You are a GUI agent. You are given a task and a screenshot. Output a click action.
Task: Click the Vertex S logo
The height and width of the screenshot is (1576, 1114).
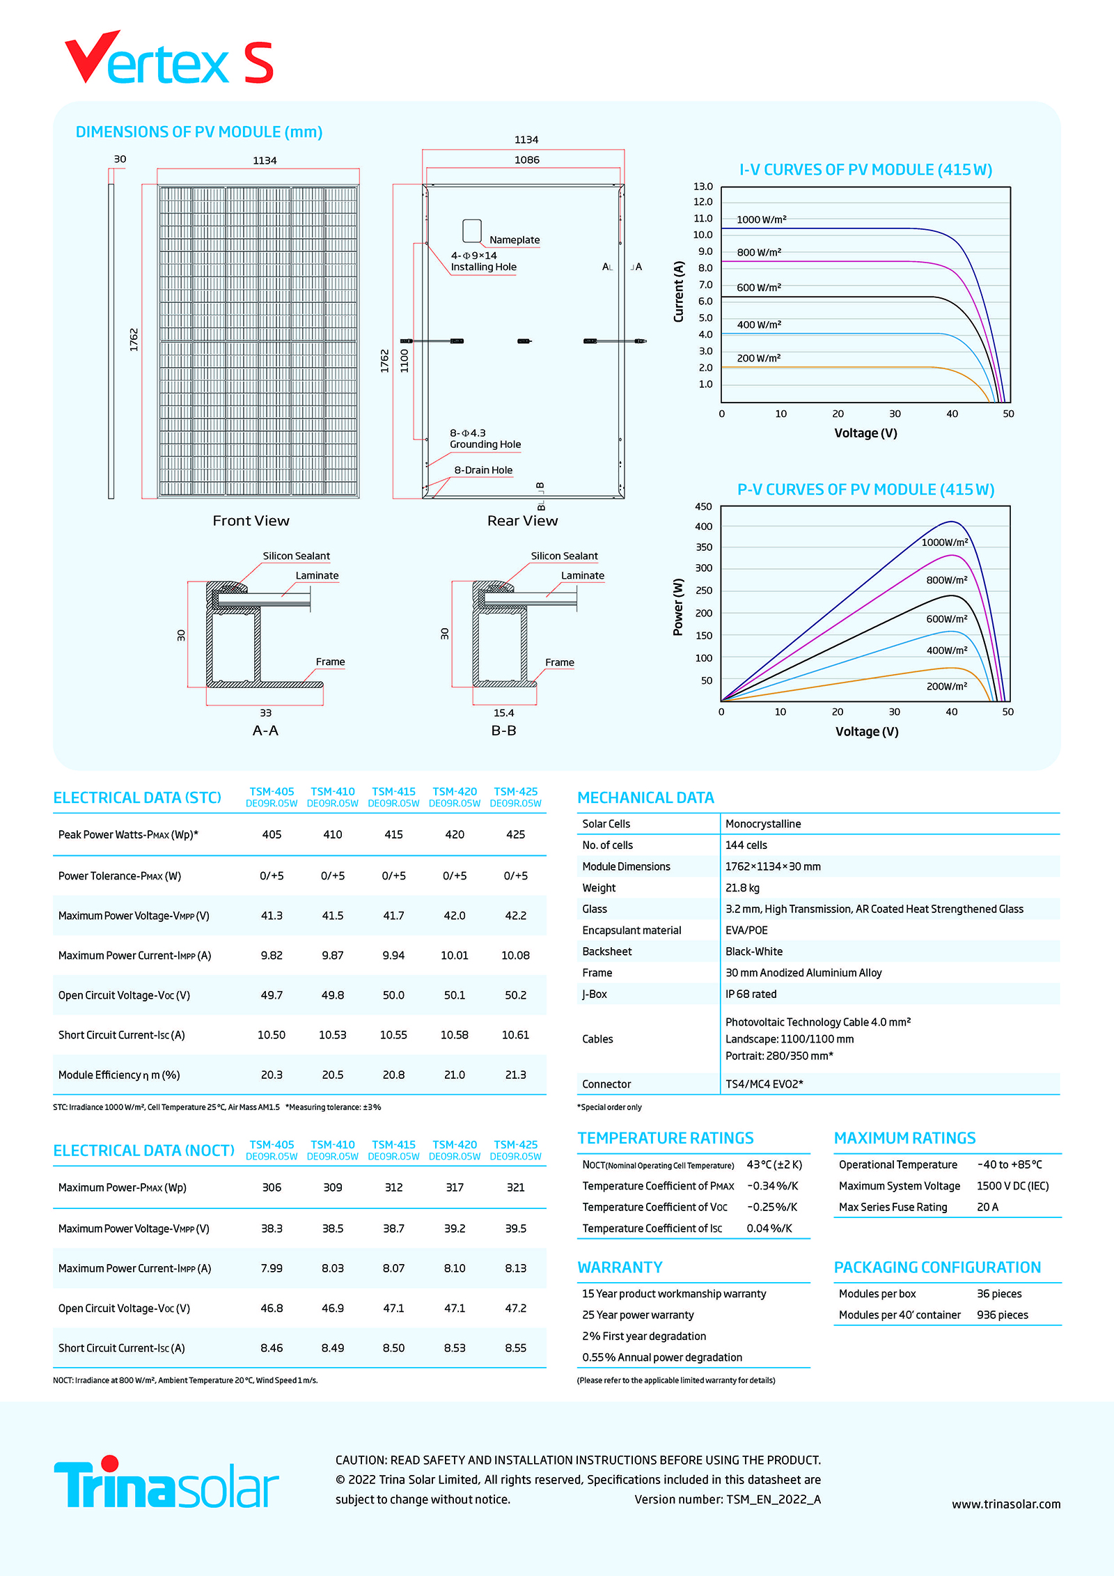click(x=169, y=60)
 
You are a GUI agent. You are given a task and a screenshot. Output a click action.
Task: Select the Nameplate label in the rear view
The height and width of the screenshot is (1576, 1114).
click(x=514, y=240)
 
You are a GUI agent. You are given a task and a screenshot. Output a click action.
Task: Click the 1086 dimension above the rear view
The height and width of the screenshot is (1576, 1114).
click(x=526, y=159)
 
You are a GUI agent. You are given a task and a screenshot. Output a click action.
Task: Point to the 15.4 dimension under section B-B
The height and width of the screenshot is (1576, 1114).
click(x=503, y=712)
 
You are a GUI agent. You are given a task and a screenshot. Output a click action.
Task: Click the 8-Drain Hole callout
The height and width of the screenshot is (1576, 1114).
click(x=483, y=470)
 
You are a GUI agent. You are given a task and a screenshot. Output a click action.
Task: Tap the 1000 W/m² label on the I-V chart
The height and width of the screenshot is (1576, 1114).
click(x=761, y=219)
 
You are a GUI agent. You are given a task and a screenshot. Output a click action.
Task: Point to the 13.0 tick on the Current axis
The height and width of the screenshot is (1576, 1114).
click(x=703, y=187)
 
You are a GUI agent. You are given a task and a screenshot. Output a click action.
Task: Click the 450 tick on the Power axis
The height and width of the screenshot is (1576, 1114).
click(x=703, y=506)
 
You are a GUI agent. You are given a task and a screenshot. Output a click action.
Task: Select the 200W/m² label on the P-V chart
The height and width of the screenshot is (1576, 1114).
click(x=946, y=686)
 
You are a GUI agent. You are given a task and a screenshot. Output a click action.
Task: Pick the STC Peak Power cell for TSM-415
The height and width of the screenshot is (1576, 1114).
click(x=393, y=834)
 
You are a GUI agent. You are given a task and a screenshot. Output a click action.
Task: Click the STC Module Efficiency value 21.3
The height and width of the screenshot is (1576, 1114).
click(x=515, y=1075)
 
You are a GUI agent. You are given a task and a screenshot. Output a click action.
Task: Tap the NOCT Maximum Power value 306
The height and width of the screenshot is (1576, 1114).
click(x=272, y=1187)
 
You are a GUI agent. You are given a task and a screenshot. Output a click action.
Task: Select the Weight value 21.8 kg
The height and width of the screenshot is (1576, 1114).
click(x=742, y=888)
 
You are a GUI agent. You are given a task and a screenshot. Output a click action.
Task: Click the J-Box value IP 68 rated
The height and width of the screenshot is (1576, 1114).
click(x=751, y=994)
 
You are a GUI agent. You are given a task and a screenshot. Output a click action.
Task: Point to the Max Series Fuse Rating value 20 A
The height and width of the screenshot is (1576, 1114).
click(x=987, y=1207)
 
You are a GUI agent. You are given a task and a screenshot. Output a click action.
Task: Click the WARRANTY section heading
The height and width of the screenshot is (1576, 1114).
click(x=620, y=1267)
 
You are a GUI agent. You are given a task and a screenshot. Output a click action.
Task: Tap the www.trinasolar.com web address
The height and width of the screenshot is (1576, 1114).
click(x=1006, y=1504)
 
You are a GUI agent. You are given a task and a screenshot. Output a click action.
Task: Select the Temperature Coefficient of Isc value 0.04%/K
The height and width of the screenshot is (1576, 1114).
click(x=769, y=1228)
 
